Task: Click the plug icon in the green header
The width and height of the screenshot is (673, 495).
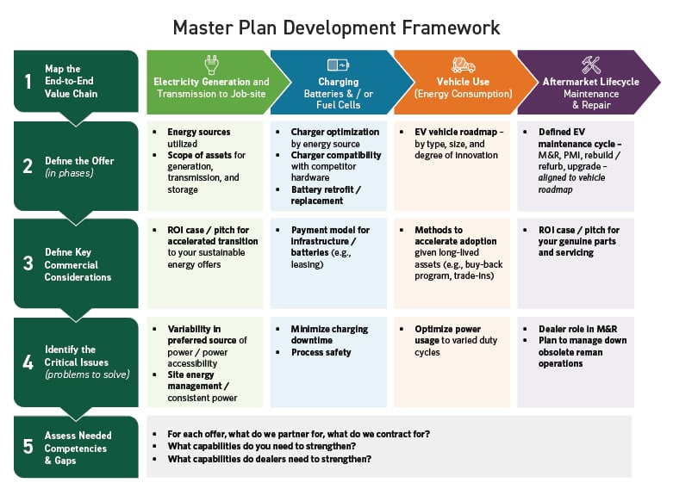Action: pos(212,65)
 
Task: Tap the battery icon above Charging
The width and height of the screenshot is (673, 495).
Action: pos(338,65)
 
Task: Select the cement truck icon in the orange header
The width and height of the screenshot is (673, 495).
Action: pos(463,65)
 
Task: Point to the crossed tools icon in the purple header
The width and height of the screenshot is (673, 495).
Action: pos(590,65)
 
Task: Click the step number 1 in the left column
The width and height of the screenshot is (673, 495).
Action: pos(28,81)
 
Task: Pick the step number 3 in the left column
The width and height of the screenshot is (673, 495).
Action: pos(28,263)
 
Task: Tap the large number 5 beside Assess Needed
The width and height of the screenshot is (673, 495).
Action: pos(28,447)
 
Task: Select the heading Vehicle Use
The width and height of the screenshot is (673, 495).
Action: pos(463,82)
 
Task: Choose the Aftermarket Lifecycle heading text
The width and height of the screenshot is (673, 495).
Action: pos(590,82)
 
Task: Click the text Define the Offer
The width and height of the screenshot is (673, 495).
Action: pos(79,161)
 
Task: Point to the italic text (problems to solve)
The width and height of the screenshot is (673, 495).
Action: pos(87,374)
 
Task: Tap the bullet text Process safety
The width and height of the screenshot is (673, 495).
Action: pos(321,353)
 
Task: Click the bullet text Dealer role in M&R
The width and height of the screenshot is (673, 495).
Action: pos(577,329)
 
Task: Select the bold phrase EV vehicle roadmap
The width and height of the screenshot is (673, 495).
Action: pos(456,132)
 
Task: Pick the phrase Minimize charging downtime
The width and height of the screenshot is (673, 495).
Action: pos(329,335)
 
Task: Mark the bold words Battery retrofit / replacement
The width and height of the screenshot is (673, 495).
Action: pos(326,195)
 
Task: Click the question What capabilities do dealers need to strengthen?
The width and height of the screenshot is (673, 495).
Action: pos(270,459)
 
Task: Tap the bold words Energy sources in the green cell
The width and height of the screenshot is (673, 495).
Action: pos(199,132)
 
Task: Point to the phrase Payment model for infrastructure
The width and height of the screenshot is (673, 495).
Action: pos(330,236)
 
